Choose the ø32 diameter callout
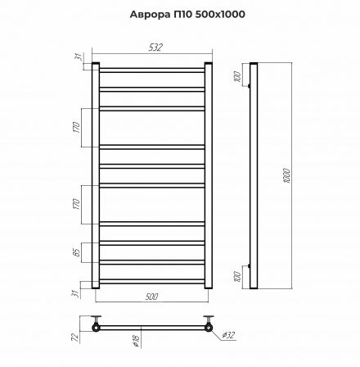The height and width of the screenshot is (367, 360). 229,334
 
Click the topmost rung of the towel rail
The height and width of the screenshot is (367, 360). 152,69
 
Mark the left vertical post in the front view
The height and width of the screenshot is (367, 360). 96,175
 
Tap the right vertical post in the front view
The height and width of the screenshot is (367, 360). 209,175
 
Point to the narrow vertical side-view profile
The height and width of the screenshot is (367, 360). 254,175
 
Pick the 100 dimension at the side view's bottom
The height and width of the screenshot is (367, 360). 236,275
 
